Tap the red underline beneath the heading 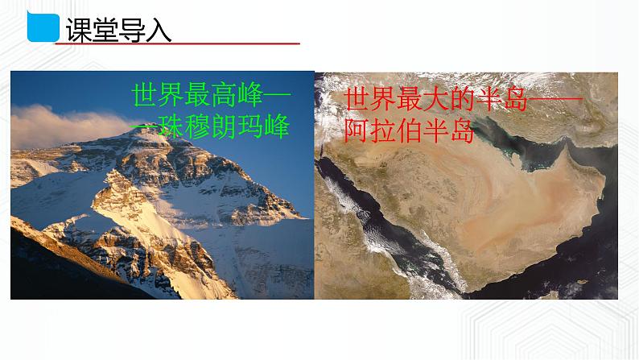(x=177, y=44)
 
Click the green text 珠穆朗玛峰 (x=222, y=128)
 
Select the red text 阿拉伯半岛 (x=407, y=130)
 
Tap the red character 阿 (x=357, y=130)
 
